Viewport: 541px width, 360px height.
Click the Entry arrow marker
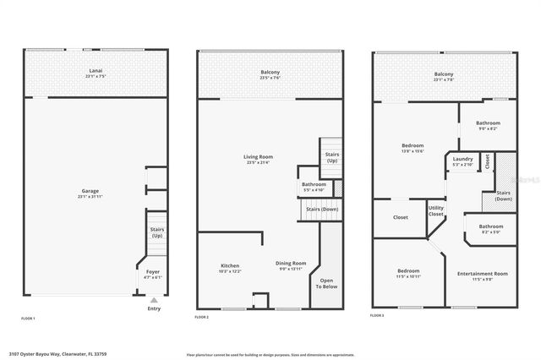pyautogui.click(x=153, y=300)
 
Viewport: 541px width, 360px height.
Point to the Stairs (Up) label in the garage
pyautogui.click(x=156, y=232)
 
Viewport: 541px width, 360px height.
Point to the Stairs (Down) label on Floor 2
pyautogui.click(x=322, y=208)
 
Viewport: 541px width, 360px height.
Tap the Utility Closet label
pyautogui.click(x=436, y=210)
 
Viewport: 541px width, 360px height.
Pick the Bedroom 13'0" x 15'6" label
pyautogui.click(x=413, y=147)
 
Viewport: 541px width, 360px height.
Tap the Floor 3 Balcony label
pyautogui.click(x=444, y=75)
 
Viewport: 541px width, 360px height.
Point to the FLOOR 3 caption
pyautogui.click(x=378, y=316)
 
